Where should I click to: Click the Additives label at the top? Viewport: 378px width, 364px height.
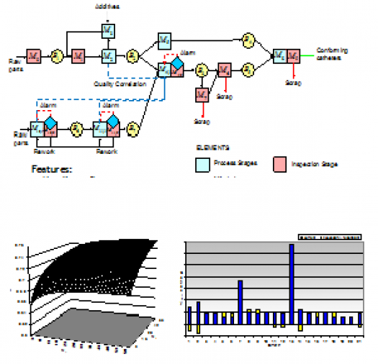click(107, 6)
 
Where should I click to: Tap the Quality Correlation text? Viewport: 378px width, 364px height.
click(120, 83)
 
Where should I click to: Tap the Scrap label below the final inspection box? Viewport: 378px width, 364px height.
click(292, 83)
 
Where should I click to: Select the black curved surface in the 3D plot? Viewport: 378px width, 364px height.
click(94, 273)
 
